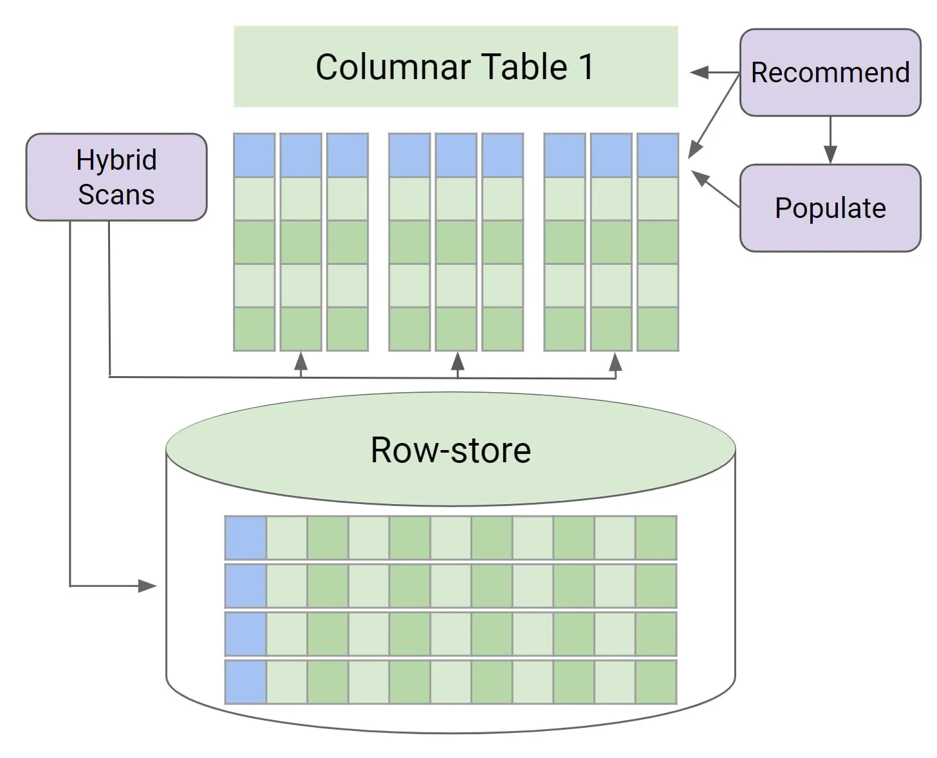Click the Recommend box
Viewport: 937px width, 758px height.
tap(830, 72)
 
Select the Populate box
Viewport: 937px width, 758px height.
tap(830, 208)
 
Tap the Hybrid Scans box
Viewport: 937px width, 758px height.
tap(116, 177)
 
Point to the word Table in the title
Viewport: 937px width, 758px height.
tap(524, 67)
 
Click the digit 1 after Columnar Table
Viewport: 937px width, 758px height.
tap(586, 67)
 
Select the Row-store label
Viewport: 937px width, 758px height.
tap(450, 450)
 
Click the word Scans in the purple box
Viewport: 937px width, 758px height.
tap(116, 195)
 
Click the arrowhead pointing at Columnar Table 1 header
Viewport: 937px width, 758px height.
tap(699, 73)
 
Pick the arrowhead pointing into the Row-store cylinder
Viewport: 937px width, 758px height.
tap(148, 586)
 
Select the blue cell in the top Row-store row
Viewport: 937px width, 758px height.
tap(246, 537)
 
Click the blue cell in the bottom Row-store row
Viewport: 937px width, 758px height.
tap(246, 682)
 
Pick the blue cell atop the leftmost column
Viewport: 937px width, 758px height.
tap(254, 155)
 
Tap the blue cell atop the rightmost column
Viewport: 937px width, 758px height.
tap(658, 155)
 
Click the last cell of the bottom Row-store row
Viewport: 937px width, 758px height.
tap(656, 682)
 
